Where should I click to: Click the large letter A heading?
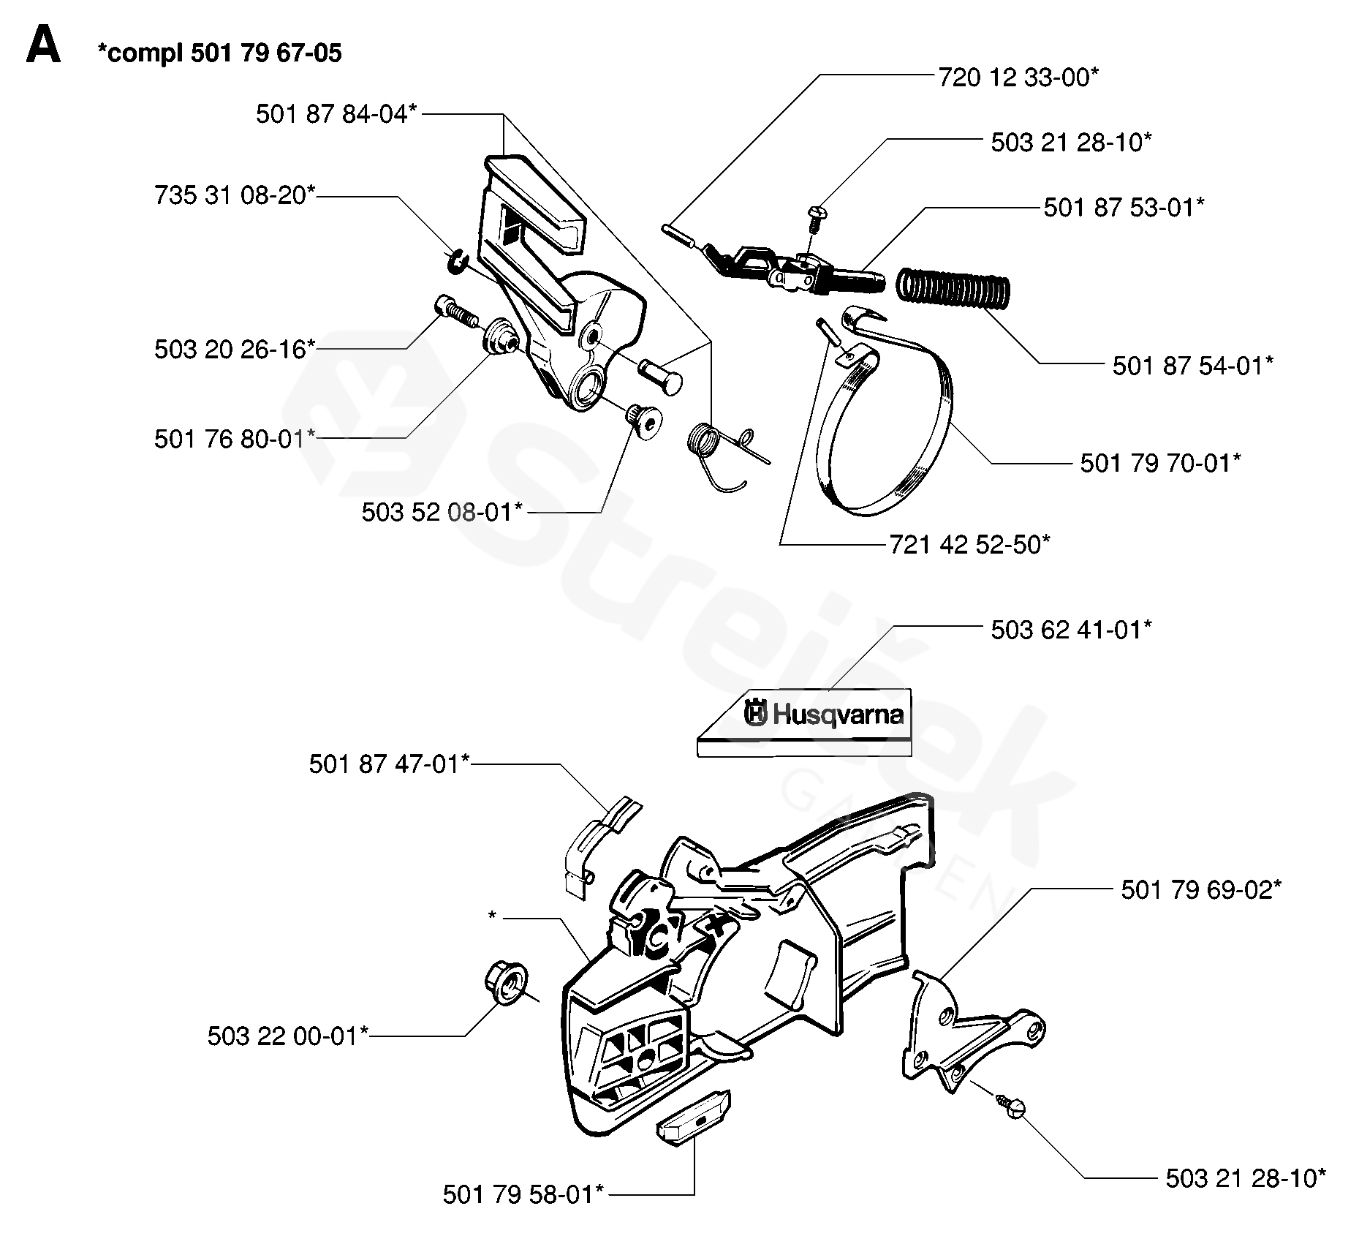tap(43, 48)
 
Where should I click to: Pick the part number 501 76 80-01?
tap(235, 439)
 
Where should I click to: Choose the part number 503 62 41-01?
tap(1072, 630)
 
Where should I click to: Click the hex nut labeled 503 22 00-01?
tap(504, 983)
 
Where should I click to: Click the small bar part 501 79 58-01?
tap(694, 1118)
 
